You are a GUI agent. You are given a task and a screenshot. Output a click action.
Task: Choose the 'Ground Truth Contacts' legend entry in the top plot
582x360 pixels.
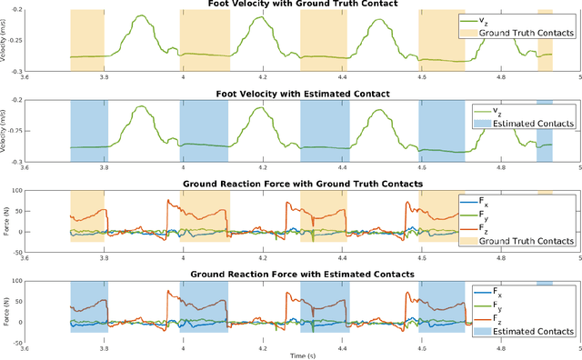coord(527,32)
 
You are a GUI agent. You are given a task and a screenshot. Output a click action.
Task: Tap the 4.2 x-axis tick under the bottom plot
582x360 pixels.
coord(263,347)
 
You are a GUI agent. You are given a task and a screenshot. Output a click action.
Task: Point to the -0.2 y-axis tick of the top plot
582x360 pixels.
coord(15,10)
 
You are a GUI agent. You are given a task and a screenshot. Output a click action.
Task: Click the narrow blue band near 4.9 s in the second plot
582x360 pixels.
coord(544,131)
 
